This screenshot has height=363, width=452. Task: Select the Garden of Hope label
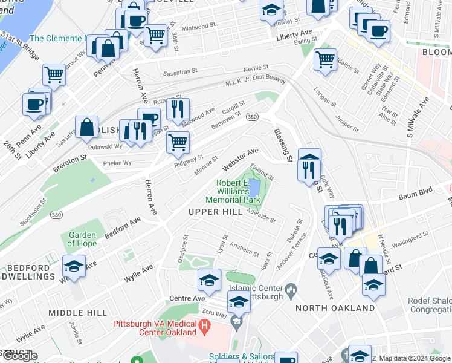(x=83, y=240)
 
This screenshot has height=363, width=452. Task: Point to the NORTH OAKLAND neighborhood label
(x=335, y=308)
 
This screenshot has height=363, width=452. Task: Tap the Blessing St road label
(x=283, y=145)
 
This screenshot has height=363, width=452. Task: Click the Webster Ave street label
(x=241, y=159)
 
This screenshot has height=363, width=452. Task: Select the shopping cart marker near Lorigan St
(x=325, y=59)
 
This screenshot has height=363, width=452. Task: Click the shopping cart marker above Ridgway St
(x=178, y=143)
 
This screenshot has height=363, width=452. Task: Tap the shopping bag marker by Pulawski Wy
(x=87, y=127)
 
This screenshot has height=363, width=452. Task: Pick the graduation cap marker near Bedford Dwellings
(x=74, y=266)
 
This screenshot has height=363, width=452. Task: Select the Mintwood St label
(x=199, y=27)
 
